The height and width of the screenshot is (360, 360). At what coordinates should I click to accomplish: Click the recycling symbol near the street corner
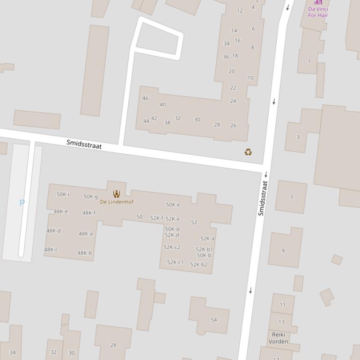[248, 152]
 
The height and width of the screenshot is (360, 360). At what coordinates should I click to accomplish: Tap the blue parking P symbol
[22, 203]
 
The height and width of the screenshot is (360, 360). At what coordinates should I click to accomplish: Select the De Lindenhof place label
[117, 202]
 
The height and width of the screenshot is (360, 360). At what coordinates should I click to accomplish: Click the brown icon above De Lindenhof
[117, 194]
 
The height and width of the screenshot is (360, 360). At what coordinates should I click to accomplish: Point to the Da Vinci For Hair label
[318, 12]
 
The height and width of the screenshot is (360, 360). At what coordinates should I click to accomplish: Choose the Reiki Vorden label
[279, 338]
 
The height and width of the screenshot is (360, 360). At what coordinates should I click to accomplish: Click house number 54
[214, 320]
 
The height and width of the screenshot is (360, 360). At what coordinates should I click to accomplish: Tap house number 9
[283, 251]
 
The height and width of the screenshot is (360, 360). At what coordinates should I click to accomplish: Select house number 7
[291, 197]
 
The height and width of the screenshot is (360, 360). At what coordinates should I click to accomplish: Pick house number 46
[145, 98]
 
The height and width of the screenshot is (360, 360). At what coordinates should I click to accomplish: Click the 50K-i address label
[63, 194]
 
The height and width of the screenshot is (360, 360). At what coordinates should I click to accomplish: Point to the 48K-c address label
[51, 250]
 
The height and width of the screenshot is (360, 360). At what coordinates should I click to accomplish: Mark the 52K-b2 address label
[198, 265]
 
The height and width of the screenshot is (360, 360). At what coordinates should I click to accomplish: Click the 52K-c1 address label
[175, 262]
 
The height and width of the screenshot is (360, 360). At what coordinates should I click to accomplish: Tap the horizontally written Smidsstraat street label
[84, 144]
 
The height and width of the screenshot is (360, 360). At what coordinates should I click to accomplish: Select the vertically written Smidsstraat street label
[263, 198]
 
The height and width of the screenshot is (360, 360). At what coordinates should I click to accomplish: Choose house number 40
[162, 105]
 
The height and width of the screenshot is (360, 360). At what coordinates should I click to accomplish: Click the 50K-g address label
[90, 197]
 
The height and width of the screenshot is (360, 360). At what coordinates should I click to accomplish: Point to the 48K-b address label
[84, 253]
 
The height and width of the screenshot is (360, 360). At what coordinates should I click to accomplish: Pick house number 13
[281, 322]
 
